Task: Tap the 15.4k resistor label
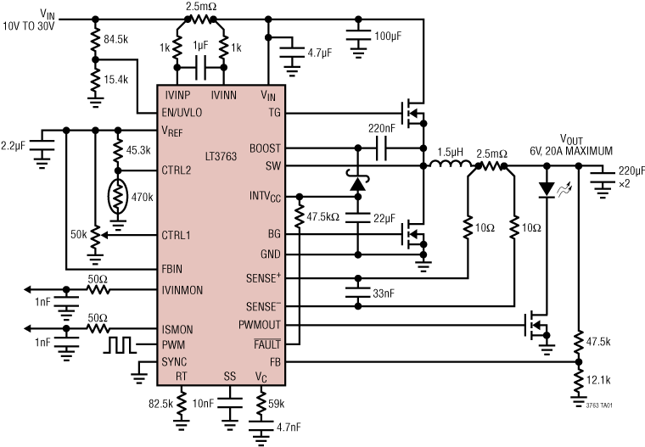point(116,79)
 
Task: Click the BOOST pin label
point(266,148)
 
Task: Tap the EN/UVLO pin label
point(183,113)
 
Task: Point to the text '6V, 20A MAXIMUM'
point(571,150)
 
